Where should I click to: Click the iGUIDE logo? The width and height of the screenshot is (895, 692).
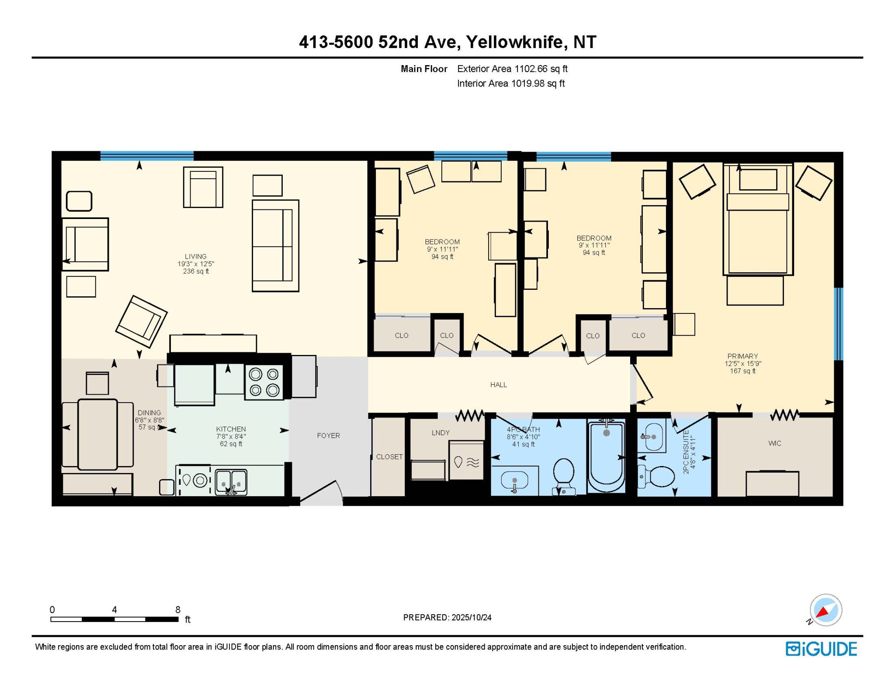click(x=821, y=649)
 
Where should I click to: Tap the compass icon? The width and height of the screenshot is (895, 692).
click(x=826, y=610)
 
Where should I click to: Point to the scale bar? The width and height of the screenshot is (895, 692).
click(x=114, y=619)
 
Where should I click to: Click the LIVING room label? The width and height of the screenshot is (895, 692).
click(x=195, y=257)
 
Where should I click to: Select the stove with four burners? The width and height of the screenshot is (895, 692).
click(x=264, y=382)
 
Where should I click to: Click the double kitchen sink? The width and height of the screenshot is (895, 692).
click(x=231, y=482)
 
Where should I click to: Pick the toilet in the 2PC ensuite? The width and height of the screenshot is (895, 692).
click(x=656, y=476)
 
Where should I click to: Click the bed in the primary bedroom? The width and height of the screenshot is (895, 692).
click(x=758, y=219)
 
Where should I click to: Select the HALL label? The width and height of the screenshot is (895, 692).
click(x=499, y=385)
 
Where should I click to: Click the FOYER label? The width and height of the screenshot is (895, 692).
click(x=329, y=435)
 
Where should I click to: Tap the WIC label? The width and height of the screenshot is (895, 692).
click(x=775, y=443)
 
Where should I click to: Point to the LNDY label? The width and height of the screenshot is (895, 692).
click(x=441, y=433)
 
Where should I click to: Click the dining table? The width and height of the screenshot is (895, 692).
click(x=97, y=434)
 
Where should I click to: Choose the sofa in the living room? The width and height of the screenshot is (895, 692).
click(x=275, y=246)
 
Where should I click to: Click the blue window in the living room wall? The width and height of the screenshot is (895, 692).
click(x=147, y=156)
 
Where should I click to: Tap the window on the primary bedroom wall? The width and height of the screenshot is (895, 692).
click(x=839, y=324)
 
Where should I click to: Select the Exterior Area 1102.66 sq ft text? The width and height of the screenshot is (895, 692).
click(x=512, y=69)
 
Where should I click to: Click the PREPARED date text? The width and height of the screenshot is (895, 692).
click(x=447, y=617)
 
